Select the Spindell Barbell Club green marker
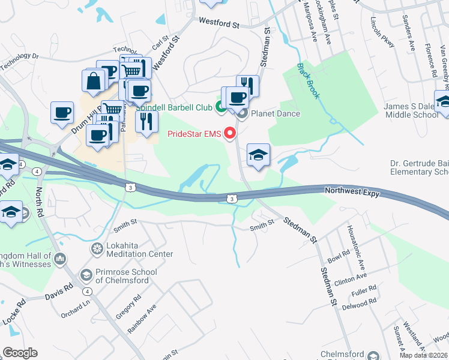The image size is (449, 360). point(220,107)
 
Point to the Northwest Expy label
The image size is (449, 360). point(354,190)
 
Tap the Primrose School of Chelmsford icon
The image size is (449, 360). point(86,274)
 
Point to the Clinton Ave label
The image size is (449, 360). point(351,278)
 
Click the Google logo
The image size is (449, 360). point(20,353)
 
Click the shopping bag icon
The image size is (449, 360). point(94,82)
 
